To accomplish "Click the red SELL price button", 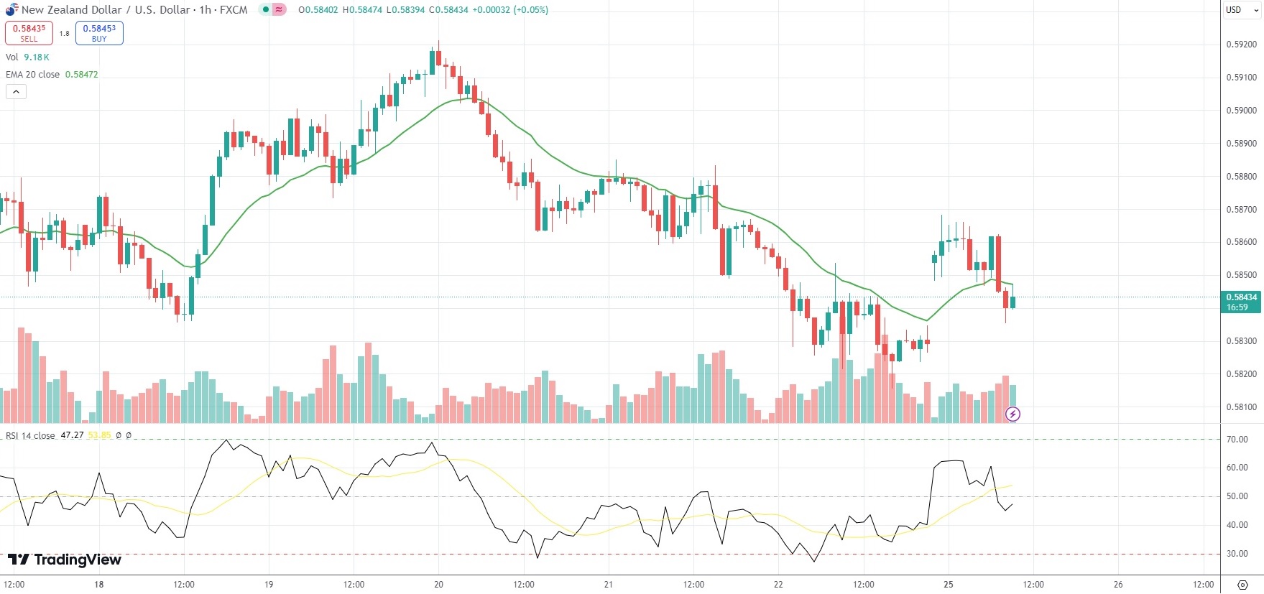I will pyautogui.click(x=29, y=33).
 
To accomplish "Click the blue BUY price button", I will pyautogui.click(x=99, y=33).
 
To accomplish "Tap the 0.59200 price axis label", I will pyautogui.click(x=1241, y=45).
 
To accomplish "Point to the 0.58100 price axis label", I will pyautogui.click(x=1241, y=407).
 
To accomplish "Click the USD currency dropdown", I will pyautogui.click(x=1241, y=10).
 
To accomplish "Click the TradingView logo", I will pyautogui.click(x=65, y=560).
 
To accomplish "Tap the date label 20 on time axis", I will pyautogui.click(x=438, y=585).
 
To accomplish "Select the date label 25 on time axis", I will pyautogui.click(x=949, y=585).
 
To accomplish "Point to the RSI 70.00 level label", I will pyautogui.click(x=1237, y=440).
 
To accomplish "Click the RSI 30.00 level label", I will pyautogui.click(x=1237, y=554).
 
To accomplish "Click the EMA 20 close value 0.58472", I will pyautogui.click(x=81, y=75).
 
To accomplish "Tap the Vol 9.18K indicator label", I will pyautogui.click(x=27, y=57).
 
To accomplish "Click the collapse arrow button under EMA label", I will pyautogui.click(x=16, y=91).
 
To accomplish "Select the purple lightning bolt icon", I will pyautogui.click(x=1012, y=414).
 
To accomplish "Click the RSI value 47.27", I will pyautogui.click(x=72, y=435).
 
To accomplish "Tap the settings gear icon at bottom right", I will pyautogui.click(x=1242, y=585).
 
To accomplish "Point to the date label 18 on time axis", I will pyautogui.click(x=99, y=585).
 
